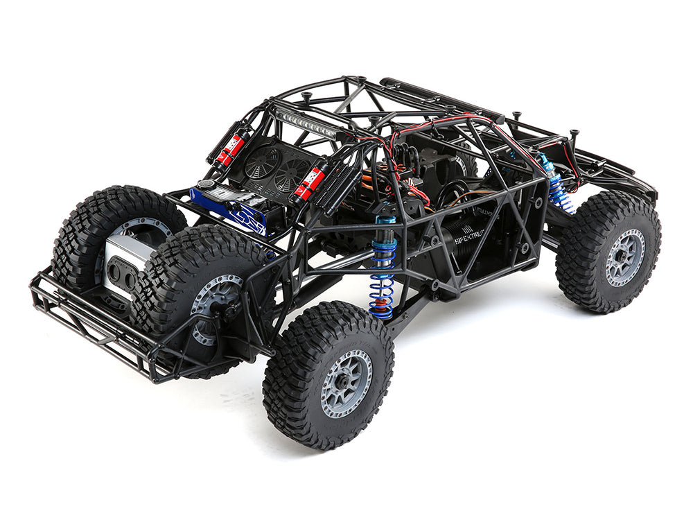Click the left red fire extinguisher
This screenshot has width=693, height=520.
(230, 148)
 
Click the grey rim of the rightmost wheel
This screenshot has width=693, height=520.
(624, 257)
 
